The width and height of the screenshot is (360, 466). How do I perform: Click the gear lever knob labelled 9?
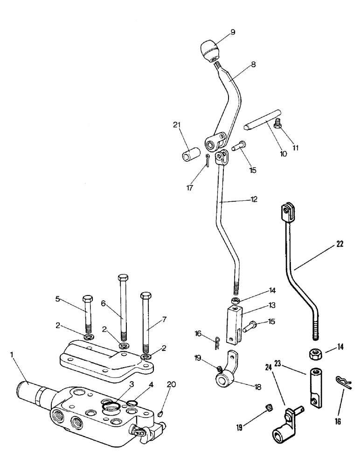(211, 48)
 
